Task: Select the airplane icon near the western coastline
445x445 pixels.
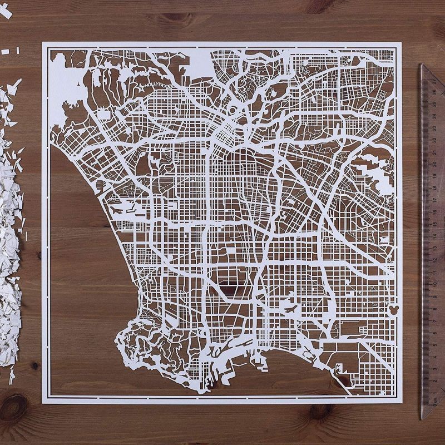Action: click(117, 210)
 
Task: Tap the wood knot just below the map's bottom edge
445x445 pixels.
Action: click(322, 412)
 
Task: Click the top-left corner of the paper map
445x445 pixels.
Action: click(43, 43)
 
